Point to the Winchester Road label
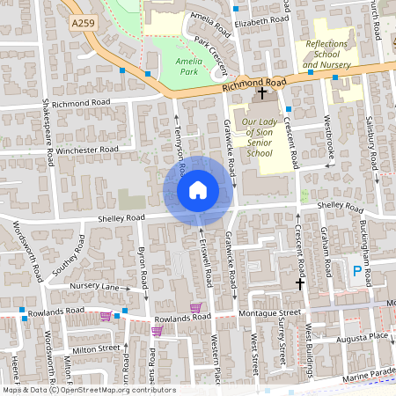pos(87,150)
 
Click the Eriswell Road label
pos(207,261)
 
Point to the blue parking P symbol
pos(356,272)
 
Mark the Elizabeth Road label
pos(261,18)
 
